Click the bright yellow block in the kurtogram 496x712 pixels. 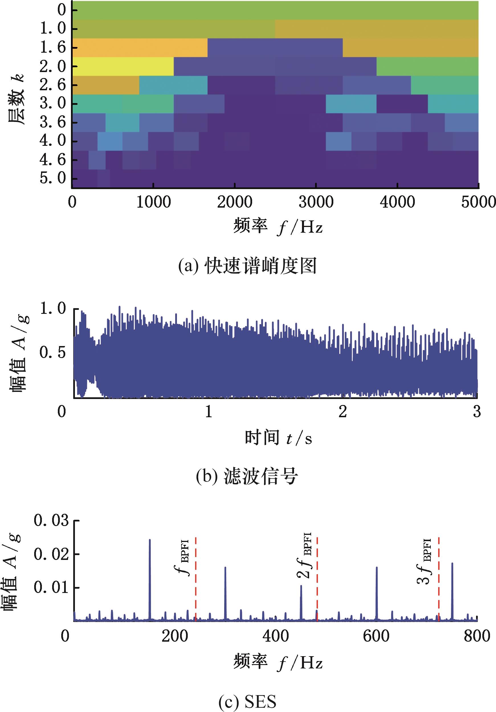click(123, 66)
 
